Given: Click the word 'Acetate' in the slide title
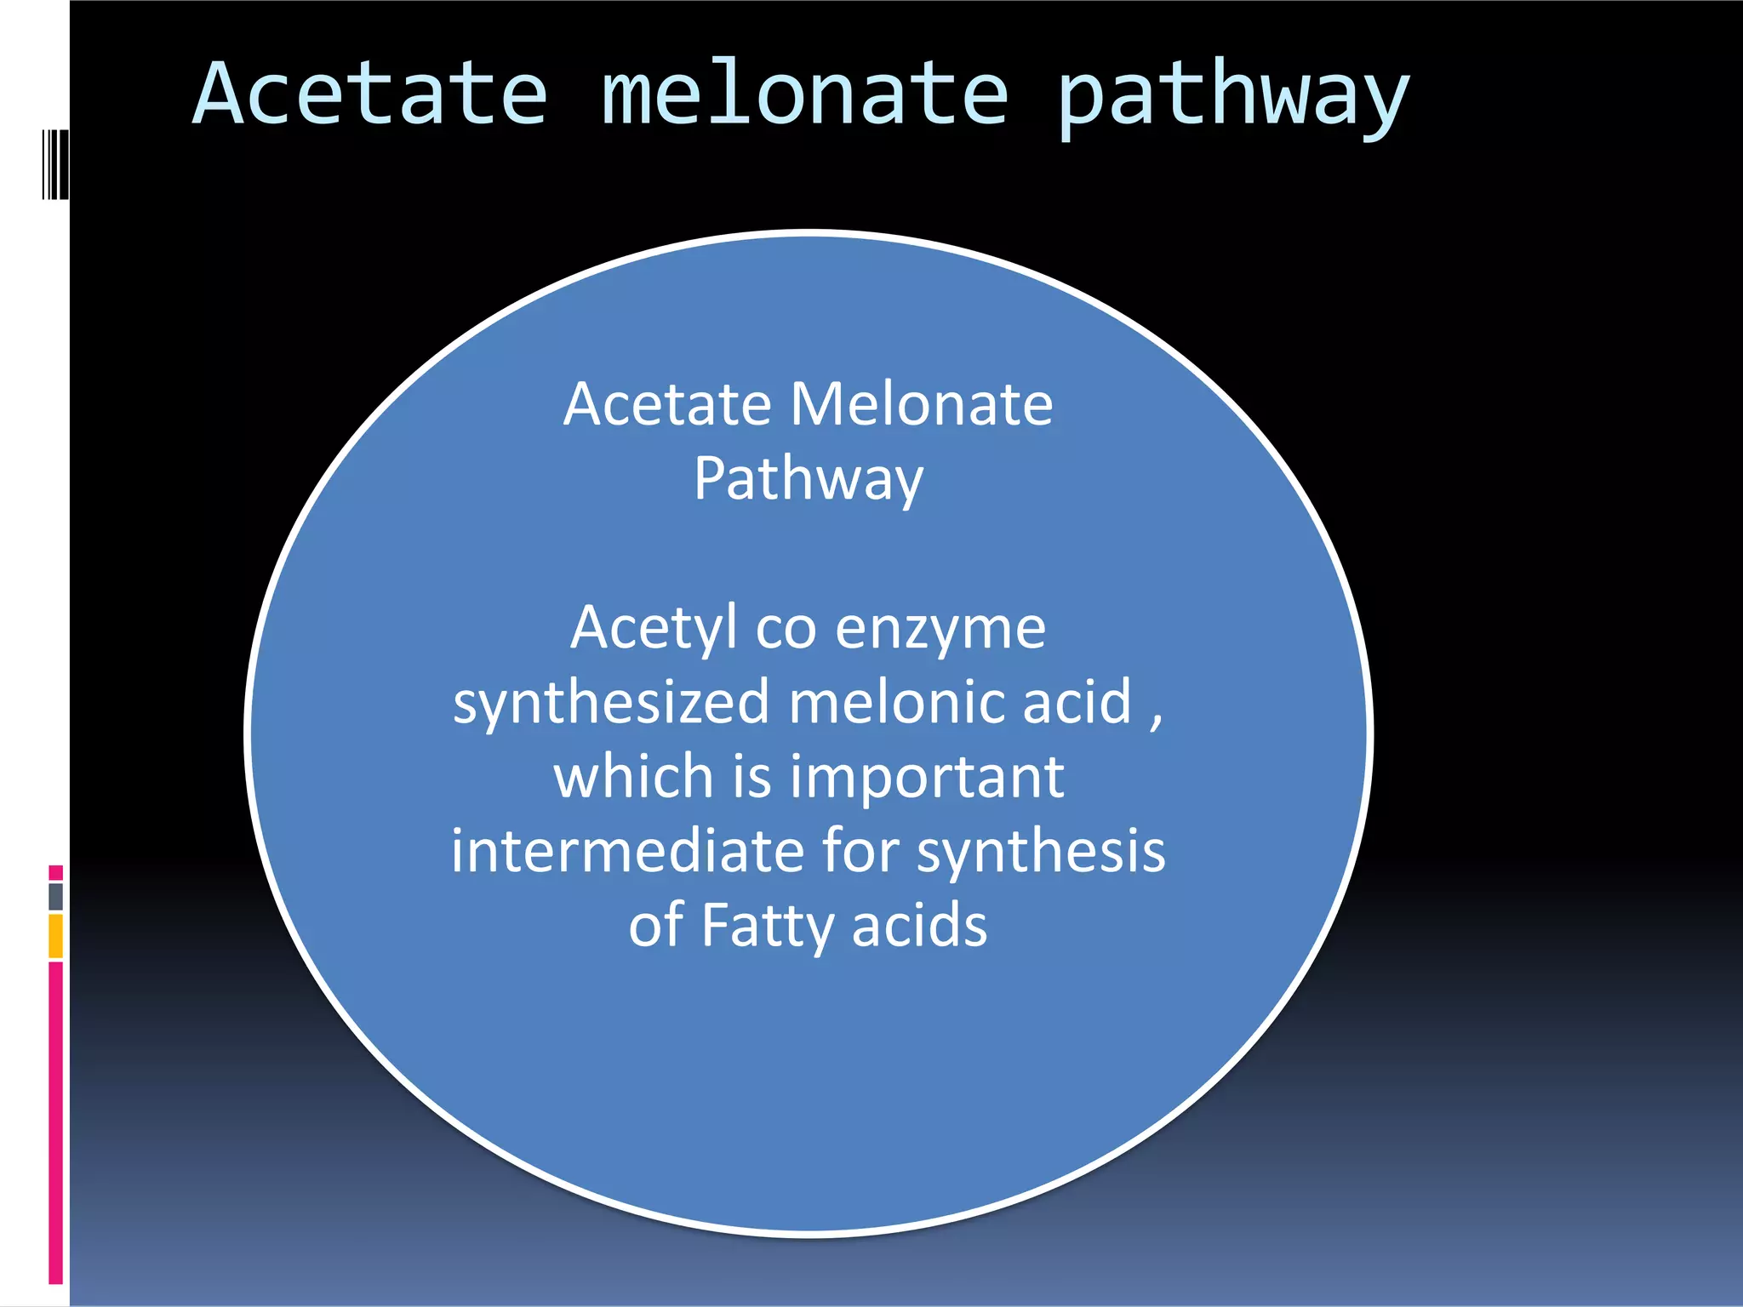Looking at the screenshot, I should [370, 94].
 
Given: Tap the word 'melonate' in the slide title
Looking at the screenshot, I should [804, 94].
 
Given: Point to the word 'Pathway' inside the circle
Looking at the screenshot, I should [808, 479].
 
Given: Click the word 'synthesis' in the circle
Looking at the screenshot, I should [1040, 853].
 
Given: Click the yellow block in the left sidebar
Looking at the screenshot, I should [55, 935].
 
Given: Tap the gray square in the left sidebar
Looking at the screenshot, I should [55, 896].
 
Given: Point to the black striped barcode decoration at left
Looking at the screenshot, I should [55, 164].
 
